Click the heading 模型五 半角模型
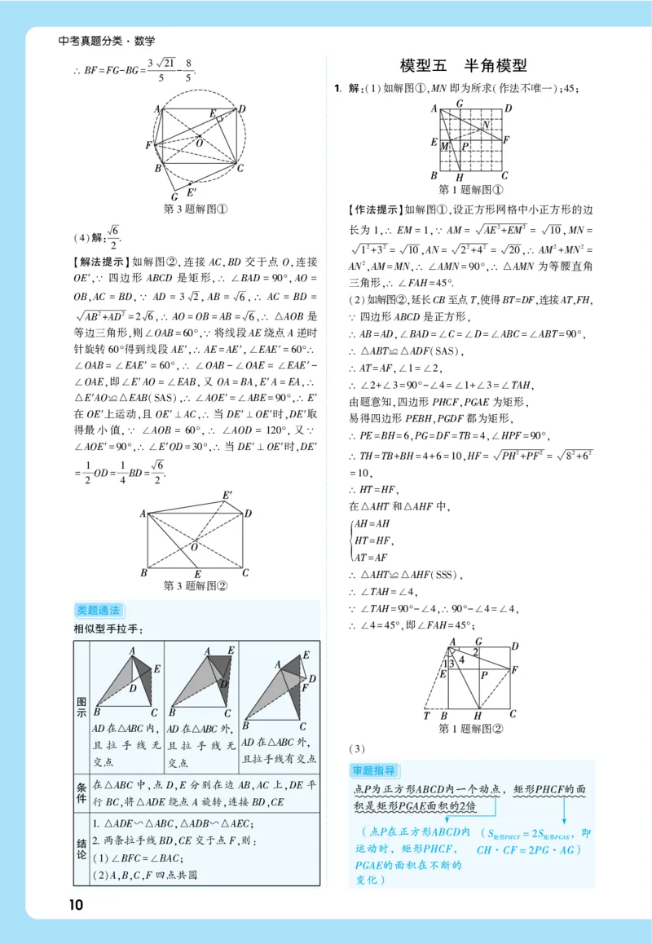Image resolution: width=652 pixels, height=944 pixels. [x=464, y=66]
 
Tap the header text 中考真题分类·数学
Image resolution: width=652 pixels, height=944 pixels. [x=107, y=41]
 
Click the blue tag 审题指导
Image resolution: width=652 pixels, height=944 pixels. [x=373, y=770]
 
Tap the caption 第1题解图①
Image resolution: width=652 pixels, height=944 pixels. [x=471, y=189]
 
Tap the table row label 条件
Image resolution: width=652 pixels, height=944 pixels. [x=81, y=792]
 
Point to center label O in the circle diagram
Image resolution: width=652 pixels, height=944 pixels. [x=198, y=143]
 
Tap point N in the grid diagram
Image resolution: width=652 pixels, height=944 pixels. [x=486, y=125]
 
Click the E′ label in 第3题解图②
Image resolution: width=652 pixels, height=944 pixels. [x=227, y=495]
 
